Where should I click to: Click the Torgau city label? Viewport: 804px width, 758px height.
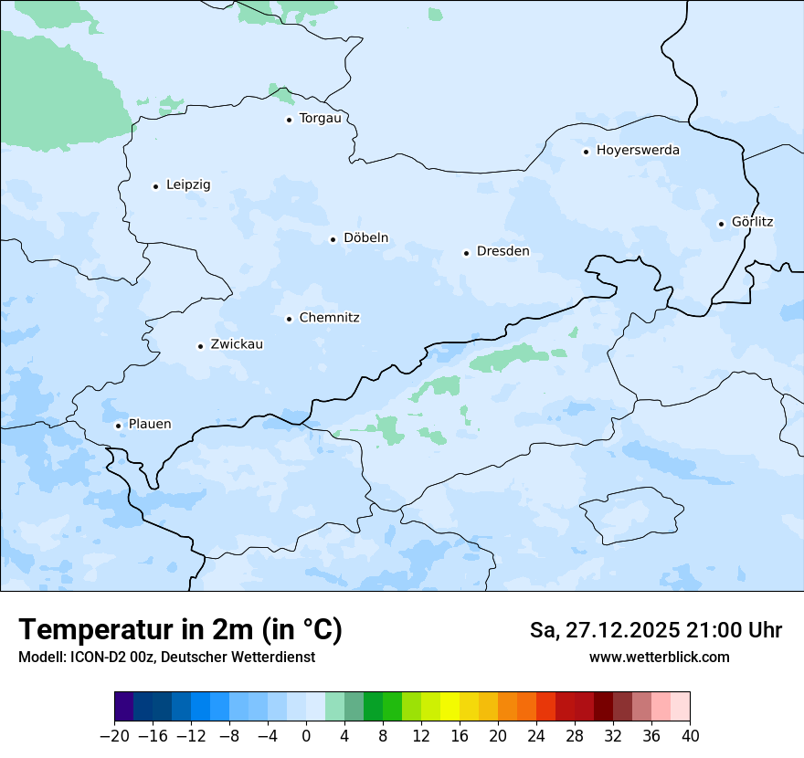(320, 119)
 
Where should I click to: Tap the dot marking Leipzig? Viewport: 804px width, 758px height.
(155, 186)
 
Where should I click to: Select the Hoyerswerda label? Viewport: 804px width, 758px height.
(638, 150)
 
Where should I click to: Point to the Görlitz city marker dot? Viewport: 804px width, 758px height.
(721, 224)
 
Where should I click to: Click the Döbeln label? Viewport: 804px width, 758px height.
(365, 238)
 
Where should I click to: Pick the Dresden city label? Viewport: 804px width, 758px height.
(503, 252)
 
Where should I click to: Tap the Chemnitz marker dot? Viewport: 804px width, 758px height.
(289, 319)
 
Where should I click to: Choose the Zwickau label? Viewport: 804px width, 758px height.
(237, 345)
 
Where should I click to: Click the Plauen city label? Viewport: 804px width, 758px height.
(149, 425)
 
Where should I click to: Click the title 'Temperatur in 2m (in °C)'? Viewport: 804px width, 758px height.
(180, 630)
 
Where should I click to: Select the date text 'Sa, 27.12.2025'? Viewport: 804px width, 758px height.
(604, 630)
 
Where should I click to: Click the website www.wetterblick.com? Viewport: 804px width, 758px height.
(659, 657)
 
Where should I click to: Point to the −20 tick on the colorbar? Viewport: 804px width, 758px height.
(114, 735)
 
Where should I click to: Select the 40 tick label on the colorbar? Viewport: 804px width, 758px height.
(690, 735)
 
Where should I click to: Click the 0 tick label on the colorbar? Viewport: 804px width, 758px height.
(306, 735)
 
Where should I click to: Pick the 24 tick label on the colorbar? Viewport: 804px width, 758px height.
(536, 735)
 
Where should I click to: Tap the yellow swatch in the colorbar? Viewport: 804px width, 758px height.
(450, 707)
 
